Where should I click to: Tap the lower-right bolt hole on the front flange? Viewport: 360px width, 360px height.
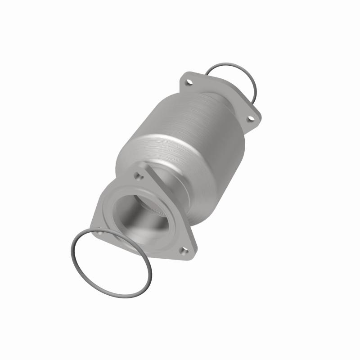coord(183,250)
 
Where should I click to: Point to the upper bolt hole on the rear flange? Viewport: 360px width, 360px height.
coord(189,83)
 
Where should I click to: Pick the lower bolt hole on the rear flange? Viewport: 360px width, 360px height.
coord(252,118)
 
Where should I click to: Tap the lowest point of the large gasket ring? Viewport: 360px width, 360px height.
coord(126,297)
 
